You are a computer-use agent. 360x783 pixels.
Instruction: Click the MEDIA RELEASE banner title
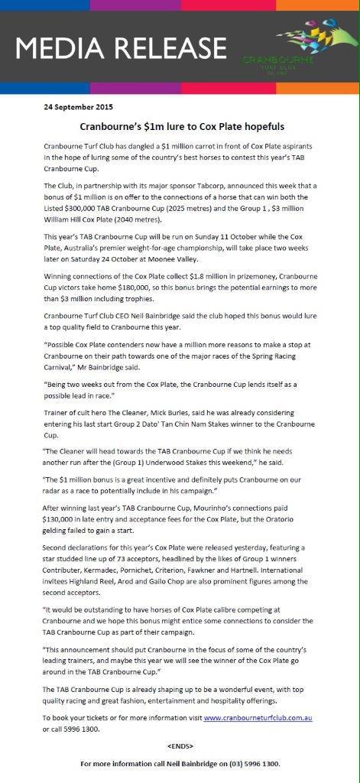pos(122,49)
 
